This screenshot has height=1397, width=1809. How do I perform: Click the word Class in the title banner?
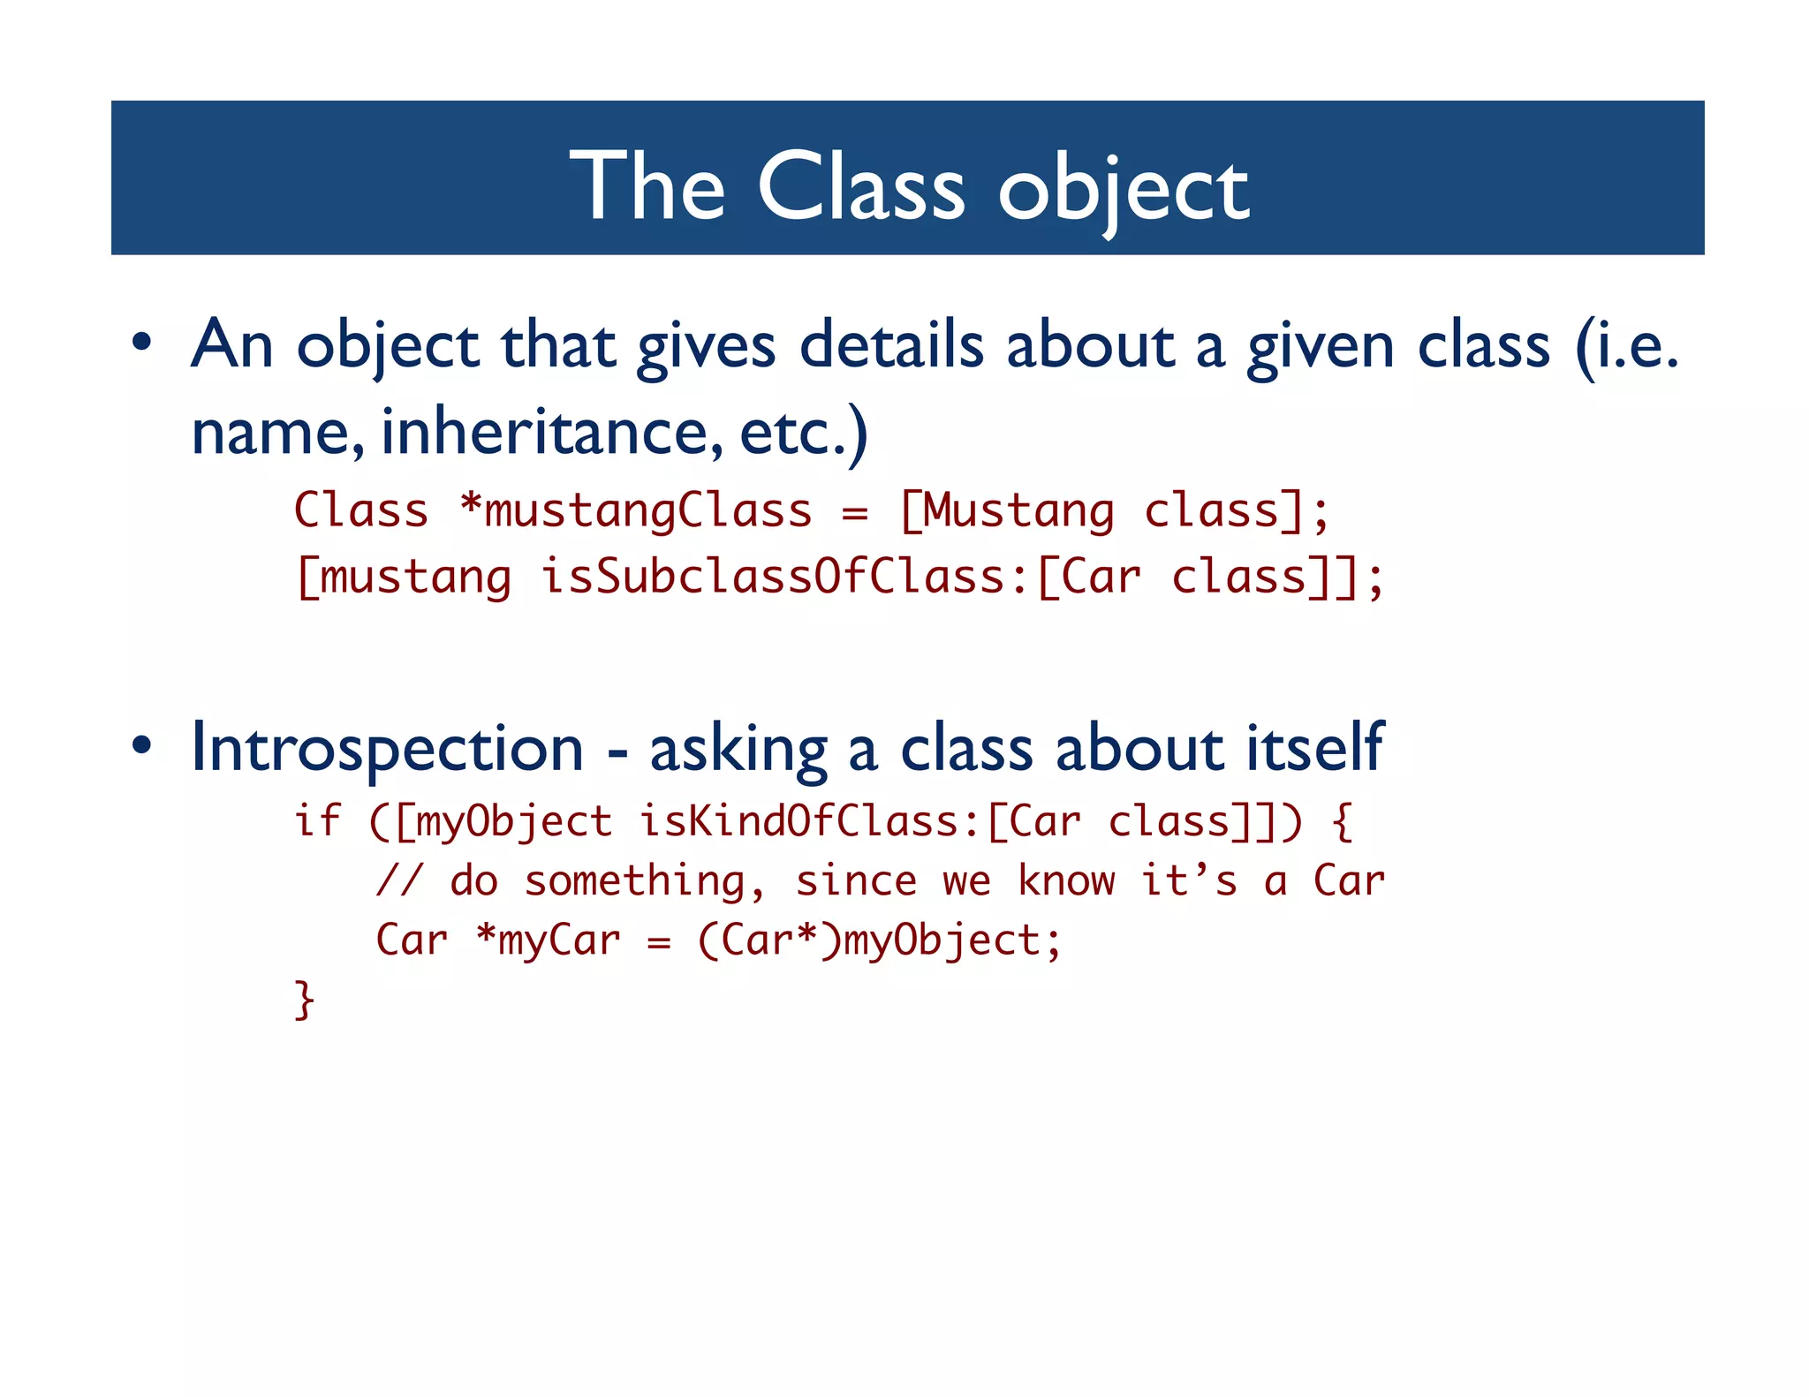click(x=860, y=186)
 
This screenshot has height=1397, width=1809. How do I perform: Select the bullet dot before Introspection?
click(x=142, y=746)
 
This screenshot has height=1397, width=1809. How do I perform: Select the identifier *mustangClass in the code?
click(x=636, y=511)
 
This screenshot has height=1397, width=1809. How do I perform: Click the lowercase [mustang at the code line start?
click(x=404, y=578)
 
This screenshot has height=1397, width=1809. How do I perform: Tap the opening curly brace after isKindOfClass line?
click(x=1342, y=822)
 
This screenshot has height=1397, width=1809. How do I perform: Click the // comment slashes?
click(x=399, y=880)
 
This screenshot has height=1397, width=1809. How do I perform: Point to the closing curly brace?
click(x=304, y=1000)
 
